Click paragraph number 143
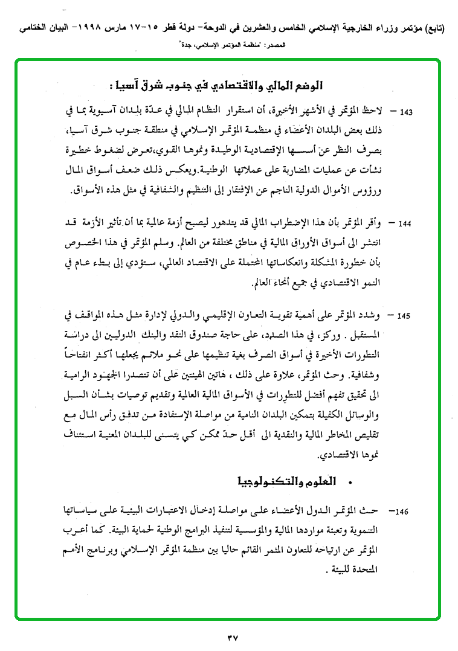406,113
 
